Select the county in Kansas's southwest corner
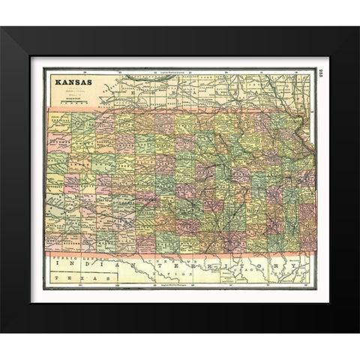coord(60,245)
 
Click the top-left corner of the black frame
coord(2,27)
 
